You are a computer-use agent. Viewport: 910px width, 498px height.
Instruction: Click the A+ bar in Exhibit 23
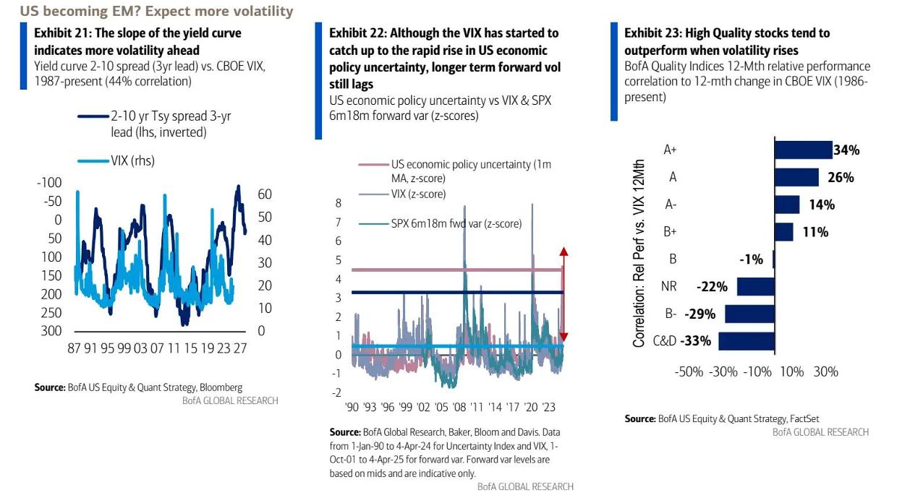point(803,150)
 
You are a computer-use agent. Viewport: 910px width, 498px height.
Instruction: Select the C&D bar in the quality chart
point(746,341)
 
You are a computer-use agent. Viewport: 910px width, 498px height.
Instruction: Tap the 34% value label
point(846,150)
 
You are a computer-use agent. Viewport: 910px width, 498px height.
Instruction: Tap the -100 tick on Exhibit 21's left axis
point(49,183)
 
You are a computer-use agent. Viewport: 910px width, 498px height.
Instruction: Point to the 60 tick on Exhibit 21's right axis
point(265,194)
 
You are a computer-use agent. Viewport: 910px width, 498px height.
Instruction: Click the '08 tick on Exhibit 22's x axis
point(460,407)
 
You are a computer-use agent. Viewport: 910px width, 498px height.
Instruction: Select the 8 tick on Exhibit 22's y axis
point(338,204)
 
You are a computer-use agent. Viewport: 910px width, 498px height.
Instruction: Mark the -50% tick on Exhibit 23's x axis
point(689,372)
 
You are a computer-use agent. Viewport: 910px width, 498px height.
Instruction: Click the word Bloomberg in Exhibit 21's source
point(220,387)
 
